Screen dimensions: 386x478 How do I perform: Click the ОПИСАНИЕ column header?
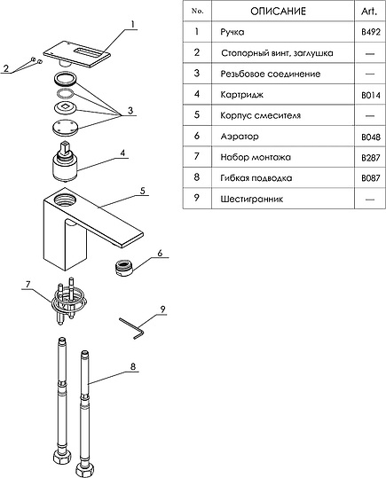(278, 12)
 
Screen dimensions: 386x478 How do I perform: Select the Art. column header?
(369, 12)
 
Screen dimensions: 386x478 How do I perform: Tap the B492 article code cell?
(370, 32)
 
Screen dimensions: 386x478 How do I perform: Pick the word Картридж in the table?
(241, 95)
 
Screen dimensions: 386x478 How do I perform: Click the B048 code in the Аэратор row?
(371, 137)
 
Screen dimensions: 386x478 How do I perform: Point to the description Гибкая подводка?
(256, 177)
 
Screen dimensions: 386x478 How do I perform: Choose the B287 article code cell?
(371, 158)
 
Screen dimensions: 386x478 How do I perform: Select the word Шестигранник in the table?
(252, 199)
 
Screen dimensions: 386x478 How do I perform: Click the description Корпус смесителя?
(261, 115)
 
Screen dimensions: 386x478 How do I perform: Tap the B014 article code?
(371, 96)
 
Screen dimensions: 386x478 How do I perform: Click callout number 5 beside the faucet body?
(143, 191)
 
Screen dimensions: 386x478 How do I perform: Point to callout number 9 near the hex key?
(162, 310)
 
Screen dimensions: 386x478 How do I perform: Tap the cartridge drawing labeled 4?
(66, 161)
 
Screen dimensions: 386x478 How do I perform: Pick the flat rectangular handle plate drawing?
(77, 54)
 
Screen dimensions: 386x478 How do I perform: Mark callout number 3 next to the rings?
(130, 110)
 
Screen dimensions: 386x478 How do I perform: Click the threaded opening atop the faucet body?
(66, 200)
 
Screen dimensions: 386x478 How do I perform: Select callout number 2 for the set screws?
(6, 68)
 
